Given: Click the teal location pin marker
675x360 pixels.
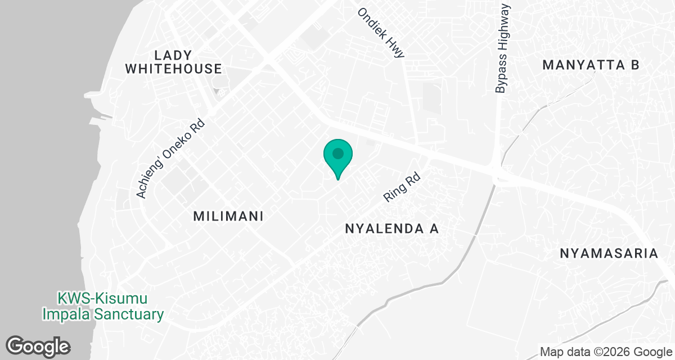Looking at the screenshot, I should pos(337,157).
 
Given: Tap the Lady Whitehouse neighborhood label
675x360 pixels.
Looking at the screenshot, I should pos(173,62).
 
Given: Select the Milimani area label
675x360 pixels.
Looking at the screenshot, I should pos(228,216).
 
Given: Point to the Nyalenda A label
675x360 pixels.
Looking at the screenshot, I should pos(391,229).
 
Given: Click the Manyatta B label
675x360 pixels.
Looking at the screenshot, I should pos(591,65).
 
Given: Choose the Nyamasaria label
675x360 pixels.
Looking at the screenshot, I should pos(609,253).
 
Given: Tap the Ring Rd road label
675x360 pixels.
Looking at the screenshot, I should pos(402,187).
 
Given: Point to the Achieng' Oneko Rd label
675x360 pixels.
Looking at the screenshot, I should pos(173,157).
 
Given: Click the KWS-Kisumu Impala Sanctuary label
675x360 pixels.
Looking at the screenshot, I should pos(103,305).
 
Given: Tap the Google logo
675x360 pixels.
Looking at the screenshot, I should pos(38,345).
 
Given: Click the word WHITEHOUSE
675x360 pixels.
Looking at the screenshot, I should pos(173,69).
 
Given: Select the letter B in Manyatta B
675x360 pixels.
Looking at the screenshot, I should pos(634,65).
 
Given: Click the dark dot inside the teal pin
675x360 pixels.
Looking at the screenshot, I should pos(337,153).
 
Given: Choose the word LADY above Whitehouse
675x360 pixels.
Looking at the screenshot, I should pos(173,55).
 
